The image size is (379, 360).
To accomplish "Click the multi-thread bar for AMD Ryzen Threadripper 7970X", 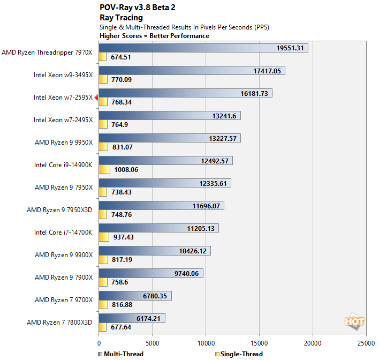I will click(x=203, y=48).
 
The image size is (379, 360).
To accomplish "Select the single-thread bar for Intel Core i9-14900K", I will click(x=104, y=170).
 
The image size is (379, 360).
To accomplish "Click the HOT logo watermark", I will click(x=354, y=321).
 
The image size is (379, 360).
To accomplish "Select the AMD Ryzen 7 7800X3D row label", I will click(x=59, y=322).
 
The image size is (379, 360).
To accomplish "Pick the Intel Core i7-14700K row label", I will click(x=63, y=232).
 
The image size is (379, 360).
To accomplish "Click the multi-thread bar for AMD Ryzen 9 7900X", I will click(x=151, y=273).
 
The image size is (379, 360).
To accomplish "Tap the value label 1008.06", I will click(x=126, y=170).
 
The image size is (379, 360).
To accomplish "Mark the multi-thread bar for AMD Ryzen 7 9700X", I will click(x=135, y=296).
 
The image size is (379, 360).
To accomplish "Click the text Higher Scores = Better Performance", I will click(x=154, y=36).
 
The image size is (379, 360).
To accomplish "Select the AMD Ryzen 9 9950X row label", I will click(x=64, y=142).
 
